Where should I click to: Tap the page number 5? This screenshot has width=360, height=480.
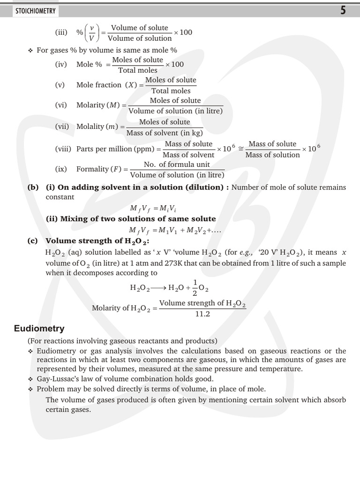tap(343, 10)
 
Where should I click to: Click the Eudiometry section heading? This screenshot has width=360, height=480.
tap(39, 329)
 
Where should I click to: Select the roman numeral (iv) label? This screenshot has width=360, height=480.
tap(61, 65)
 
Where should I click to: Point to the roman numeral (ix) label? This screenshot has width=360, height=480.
tap(61, 169)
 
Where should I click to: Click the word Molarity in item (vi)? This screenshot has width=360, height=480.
tap(90, 105)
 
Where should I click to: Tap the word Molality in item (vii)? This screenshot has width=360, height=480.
tap(90, 127)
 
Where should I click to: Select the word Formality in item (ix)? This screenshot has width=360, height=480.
tap(92, 169)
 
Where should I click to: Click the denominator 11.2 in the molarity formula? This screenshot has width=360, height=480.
tap(202, 314)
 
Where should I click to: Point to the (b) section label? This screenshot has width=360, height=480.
tap(33, 187)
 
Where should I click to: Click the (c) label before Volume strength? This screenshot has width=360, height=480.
tap(33, 241)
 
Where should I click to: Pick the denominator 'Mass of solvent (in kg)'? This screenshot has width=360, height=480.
tap(165, 133)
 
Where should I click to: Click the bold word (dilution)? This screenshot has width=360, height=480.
tap(205, 187)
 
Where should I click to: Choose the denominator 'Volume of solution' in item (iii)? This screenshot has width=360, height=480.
tap(140, 38)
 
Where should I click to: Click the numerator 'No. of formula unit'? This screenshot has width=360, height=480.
tap(177, 164)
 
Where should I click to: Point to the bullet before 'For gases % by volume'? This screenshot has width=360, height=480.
tap(30, 50)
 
